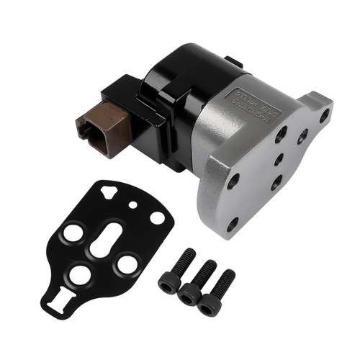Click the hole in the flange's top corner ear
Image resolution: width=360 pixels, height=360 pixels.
(x=325, y=114)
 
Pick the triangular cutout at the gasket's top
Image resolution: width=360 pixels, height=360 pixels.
(x=107, y=191)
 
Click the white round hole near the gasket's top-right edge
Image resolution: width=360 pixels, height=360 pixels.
(x=156, y=216)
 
